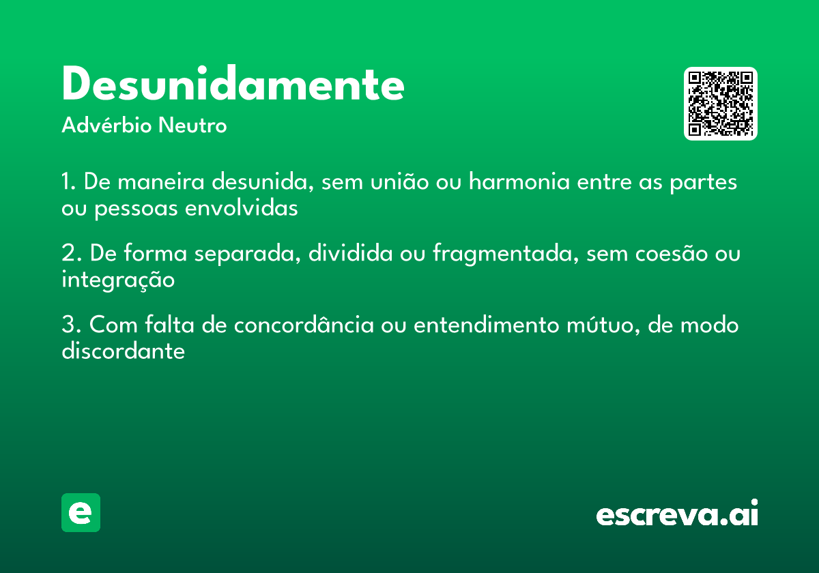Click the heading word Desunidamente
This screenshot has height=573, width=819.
click(233, 85)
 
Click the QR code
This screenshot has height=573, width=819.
click(721, 104)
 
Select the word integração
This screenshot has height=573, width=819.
click(118, 280)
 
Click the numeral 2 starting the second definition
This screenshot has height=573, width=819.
click(68, 254)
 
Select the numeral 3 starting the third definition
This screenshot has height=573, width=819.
click(68, 325)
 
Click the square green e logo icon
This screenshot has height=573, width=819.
click(81, 512)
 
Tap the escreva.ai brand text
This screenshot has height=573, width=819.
click(677, 514)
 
